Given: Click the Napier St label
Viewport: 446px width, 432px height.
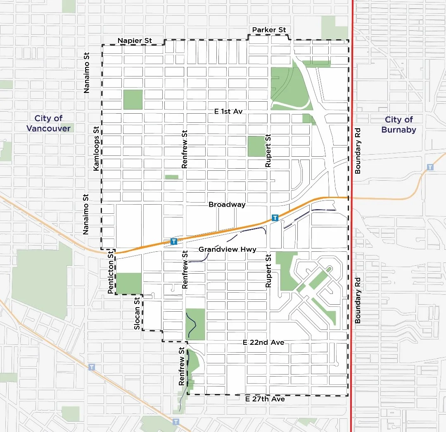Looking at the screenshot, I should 135,40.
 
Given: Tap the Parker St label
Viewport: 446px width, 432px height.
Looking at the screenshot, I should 269,30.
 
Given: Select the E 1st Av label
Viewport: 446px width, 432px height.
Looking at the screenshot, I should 228,111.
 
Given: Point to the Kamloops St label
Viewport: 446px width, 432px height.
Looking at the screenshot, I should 96,148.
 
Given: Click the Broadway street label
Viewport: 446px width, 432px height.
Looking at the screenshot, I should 227,204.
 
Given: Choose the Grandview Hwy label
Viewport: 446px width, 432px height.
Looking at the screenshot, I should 227,249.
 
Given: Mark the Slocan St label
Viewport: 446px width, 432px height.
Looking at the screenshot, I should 137,313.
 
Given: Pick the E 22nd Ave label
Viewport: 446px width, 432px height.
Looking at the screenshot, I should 263,342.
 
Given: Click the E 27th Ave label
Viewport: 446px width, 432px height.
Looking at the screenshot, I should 265,399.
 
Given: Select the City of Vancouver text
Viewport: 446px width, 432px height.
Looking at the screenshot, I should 48,123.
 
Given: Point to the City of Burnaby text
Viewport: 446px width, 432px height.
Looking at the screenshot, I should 399,124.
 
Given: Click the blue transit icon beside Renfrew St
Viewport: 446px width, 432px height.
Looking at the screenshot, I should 174,241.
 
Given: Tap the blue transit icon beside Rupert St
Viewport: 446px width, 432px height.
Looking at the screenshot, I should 275,217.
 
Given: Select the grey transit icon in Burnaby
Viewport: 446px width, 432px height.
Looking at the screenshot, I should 430,167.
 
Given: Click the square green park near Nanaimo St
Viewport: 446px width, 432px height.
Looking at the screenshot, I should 133,100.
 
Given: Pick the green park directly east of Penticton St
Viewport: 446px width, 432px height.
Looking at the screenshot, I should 129,283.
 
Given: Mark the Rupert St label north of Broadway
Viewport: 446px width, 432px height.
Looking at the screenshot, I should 268,151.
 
